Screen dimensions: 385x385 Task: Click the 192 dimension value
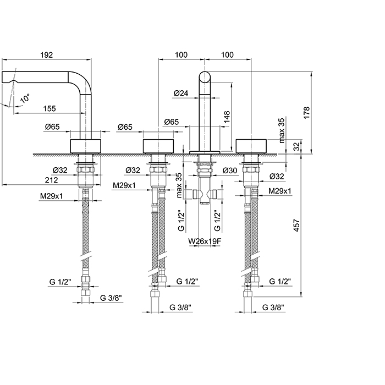coord(46,55)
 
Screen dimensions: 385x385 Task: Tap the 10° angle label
coord(25,100)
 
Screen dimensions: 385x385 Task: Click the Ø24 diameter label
coord(180,94)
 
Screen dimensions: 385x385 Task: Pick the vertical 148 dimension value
coord(227,116)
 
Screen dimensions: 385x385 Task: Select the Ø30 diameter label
coord(230,170)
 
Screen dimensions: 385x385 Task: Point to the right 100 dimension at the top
coord(227,55)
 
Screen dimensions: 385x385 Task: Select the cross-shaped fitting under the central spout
coord(204,195)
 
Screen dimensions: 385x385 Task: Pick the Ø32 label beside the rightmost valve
coord(278,176)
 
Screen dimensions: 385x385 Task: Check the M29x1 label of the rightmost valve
coord(280,191)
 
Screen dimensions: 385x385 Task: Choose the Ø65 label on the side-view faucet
coord(52,127)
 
